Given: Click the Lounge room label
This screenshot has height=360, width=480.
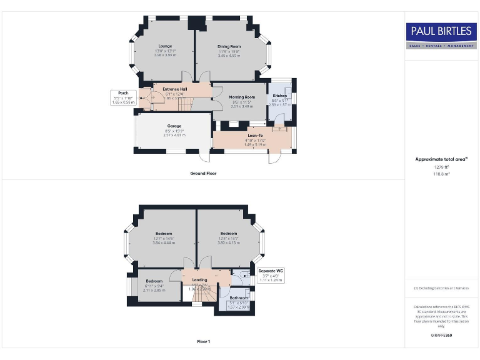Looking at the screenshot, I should pos(165,46).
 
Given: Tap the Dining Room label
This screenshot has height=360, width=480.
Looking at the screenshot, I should pos(229,47).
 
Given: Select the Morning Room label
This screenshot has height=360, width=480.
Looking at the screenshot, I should pos(242,97).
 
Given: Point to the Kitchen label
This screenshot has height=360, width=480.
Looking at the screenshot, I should pos(279,95).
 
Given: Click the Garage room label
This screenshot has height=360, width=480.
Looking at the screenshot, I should pos(174,126).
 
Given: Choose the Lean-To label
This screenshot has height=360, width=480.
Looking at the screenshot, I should pos(255,135).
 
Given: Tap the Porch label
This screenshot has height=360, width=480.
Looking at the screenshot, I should pos(123,93).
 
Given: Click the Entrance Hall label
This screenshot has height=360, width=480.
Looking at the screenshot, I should pos(175,89).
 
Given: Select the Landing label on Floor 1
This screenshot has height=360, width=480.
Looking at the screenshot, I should pos(199,279).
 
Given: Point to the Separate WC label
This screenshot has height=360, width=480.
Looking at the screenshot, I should pos(271,271).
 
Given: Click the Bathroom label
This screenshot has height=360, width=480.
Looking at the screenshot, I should pos(237,298).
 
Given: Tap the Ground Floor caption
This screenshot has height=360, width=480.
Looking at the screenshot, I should pos(204,173).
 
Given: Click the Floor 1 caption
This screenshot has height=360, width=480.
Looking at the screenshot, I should pos(204,341).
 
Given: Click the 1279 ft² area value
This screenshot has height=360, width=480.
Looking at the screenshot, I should pos(441,167).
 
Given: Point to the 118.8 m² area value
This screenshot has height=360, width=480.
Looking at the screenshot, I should pos(441,174).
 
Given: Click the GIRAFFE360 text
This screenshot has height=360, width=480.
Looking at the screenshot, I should pos(441,336).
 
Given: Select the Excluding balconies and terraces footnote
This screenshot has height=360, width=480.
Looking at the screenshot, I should pos(441,288).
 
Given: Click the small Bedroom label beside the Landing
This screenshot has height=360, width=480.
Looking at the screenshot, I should pos(155,281).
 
